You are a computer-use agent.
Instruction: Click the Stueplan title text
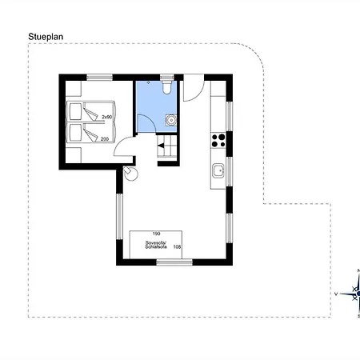46,37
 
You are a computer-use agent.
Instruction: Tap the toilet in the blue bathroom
167,86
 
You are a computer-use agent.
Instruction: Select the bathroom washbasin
171,120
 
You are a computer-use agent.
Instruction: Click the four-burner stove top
218,141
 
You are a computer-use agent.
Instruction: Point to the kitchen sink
218,170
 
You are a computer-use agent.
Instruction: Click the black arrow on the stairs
161,146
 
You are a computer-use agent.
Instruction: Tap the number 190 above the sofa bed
156,234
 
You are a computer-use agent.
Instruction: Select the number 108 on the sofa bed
177,247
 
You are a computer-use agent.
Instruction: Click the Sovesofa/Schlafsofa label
156,245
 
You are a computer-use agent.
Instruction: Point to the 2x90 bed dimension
107,117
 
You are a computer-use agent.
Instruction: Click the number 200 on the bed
105,139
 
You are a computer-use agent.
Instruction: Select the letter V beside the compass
336,294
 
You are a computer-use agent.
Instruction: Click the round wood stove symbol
130,173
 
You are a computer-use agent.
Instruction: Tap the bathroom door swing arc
151,119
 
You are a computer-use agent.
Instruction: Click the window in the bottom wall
174,262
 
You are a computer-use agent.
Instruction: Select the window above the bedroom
100,78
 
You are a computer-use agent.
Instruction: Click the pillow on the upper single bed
75,111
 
